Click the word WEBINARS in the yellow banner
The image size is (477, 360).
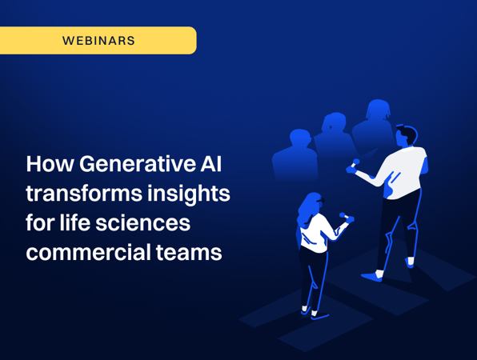coord(98,41)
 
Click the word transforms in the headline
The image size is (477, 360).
coord(84,194)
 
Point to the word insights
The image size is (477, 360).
coord(189,194)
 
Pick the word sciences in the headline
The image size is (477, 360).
coord(143,223)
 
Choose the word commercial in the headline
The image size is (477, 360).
coord(88,252)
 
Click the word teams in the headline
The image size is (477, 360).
coord(189,253)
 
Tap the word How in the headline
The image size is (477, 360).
coord(50,164)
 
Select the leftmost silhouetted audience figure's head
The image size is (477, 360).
coord(300,138)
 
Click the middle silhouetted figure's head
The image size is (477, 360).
coord(334,122)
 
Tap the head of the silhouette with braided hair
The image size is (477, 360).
coord(378,110)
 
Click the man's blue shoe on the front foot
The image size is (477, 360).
coord(372,277)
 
